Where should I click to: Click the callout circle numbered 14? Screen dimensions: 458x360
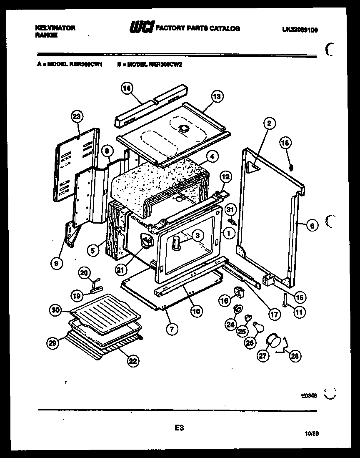tap(127, 88)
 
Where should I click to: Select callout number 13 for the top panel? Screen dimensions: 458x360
tap(217, 97)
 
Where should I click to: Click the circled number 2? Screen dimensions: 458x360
tap(269, 123)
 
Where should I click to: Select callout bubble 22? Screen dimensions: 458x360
tap(132, 361)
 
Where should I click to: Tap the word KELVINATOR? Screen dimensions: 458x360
tap(55, 28)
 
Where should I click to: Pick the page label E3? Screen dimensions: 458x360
tap(179, 428)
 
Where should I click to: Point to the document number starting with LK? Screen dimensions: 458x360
tap(300, 30)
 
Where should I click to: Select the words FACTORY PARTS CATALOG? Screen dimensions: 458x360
tap(197, 28)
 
